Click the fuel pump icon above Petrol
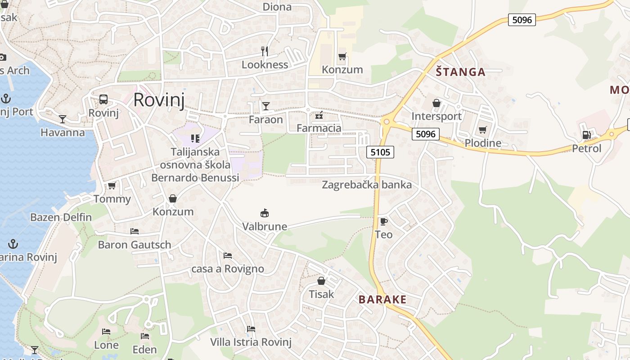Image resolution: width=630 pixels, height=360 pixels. click(586, 135)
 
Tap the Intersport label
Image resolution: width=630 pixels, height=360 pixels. click(436, 116)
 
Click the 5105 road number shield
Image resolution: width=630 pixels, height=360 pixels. click(380, 152)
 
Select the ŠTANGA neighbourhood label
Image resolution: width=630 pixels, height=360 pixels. click(460, 72)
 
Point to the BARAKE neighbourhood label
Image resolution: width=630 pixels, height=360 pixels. click(382, 299)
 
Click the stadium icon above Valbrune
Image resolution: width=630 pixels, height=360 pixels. click(265, 213)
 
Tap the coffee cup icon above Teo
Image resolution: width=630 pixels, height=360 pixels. click(383, 221)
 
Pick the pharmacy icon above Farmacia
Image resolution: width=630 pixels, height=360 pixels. click(319, 116)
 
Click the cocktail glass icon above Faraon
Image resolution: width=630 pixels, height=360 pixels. click(266, 106)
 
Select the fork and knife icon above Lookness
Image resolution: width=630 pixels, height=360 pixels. click(265, 51)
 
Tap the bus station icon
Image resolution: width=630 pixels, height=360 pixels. click(103, 99)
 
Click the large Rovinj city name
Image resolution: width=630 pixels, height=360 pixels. click(159, 100)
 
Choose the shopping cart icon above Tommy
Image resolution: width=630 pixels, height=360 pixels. click(112, 185)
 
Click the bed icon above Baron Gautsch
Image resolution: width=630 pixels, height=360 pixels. click(135, 231)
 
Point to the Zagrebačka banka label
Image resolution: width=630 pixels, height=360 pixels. click(367, 184)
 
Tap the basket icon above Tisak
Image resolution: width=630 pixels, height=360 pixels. click(321, 281)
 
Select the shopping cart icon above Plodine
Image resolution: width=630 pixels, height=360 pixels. click(483, 130)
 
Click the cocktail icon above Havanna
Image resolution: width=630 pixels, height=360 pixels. click(63, 119)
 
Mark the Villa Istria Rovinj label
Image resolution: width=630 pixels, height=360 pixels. click(251, 342)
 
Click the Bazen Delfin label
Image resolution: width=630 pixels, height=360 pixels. click(61, 217)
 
